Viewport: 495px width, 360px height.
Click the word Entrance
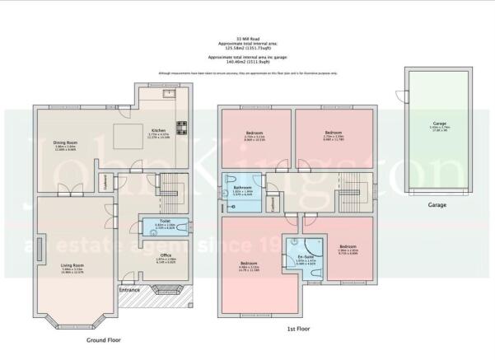tap(130, 290)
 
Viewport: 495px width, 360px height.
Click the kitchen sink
tap(168, 93)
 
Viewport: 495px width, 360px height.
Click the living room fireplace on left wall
tap(39, 247)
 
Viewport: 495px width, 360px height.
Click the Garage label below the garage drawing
tap(437, 203)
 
